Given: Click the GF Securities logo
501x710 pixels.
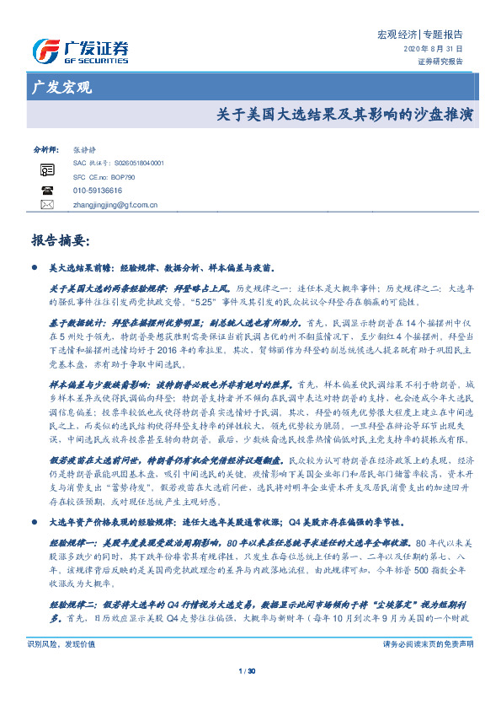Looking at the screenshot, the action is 80,51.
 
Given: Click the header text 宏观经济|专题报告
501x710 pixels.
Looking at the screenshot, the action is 419,35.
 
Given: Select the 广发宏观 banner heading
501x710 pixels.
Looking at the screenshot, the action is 61,88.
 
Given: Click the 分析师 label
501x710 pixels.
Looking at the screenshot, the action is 45,147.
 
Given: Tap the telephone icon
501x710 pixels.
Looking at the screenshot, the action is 47,191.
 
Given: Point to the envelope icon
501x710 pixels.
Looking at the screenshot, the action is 47,205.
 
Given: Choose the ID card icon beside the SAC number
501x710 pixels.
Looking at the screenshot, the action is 47,169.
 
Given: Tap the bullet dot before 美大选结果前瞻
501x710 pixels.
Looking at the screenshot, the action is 35,268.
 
